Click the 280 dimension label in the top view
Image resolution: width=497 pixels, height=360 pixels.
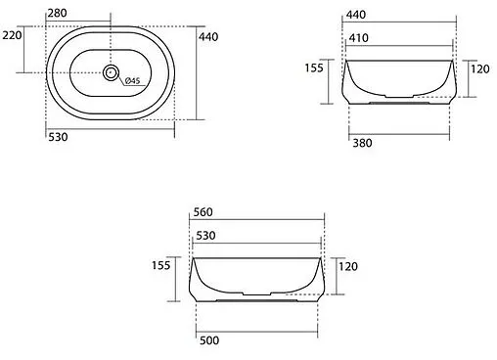[57, 13]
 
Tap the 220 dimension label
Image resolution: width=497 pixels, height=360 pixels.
[12, 35]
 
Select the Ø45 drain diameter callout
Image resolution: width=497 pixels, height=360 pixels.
[132, 80]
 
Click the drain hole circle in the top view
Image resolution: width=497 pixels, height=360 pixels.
[111, 72]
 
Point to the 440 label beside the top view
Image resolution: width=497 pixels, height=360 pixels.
[208, 37]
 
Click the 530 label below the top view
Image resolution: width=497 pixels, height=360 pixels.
[58, 137]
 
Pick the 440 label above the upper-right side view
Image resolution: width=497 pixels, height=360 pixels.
[356, 15]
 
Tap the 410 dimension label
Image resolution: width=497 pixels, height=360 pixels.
[358, 38]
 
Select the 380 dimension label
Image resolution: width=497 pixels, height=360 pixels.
[362, 143]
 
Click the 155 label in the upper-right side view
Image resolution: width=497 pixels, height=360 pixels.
[314, 67]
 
